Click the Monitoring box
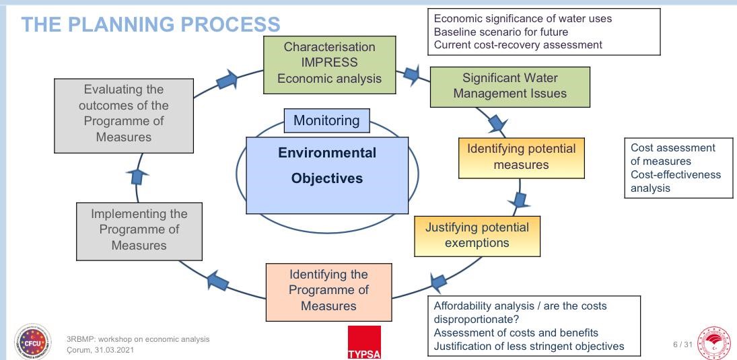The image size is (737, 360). click(326, 121)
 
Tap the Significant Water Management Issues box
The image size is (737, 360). click(510, 86)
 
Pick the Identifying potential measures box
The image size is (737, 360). click(521, 156)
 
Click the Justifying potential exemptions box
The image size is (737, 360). click(477, 235)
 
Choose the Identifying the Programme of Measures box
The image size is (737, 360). click(328, 291)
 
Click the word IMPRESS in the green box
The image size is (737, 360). click(329, 63)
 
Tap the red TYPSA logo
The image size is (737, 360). click(364, 342)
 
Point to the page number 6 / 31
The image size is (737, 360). click(682, 345)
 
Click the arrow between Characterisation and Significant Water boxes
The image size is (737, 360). click(411, 75)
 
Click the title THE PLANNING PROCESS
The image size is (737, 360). click(150, 25)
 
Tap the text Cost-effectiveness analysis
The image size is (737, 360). click(675, 182)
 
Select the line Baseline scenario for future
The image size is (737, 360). click(501, 32)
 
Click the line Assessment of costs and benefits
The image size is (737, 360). click(516, 333)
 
